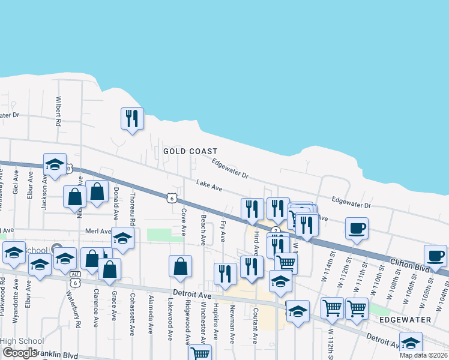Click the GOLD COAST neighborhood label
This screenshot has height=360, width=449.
190,152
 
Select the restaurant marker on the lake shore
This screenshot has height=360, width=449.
132,118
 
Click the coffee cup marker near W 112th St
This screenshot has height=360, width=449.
357,229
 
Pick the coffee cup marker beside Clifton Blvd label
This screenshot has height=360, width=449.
435,256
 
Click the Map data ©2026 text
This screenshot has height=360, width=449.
423,355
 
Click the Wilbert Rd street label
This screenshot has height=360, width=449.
59,111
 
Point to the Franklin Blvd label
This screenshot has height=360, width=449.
56,355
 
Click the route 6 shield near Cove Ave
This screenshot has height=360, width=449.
172,197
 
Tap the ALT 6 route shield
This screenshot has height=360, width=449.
74,274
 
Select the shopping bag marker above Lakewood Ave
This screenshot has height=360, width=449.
180,268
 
